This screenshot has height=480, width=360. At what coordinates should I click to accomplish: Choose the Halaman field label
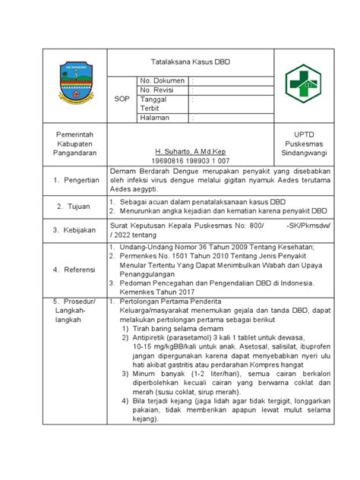(x=154, y=117)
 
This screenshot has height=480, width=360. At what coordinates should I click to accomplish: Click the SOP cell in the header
(x=121, y=99)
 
